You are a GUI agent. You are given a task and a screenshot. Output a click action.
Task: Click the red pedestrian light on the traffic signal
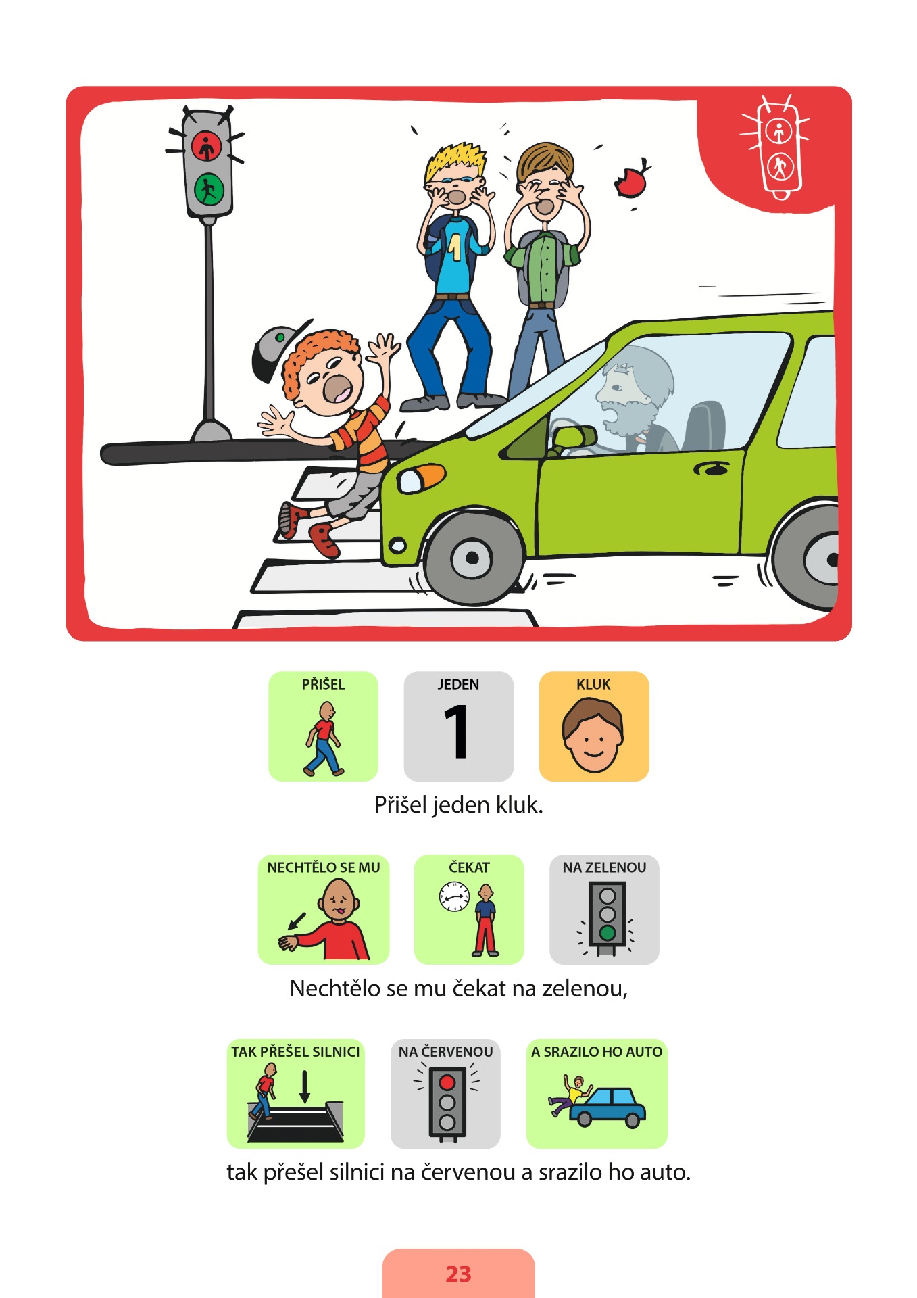pyautogui.click(x=206, y=146)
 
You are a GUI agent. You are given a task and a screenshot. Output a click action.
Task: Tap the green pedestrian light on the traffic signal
pyautogui.click(x=209, y=189)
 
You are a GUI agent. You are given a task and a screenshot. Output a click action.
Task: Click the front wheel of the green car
pyautogui.click(x=472, y=558)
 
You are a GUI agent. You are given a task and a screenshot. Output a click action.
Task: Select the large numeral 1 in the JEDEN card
pyautogui.click(x=457, y=731)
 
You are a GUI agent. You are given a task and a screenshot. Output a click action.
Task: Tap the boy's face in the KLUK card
pyautogui.click(x=593, y=736)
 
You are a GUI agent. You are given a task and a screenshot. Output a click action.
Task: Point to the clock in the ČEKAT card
pyautogui.click(x=454, y=896)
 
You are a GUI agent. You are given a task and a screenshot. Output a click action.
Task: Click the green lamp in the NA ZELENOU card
pyautogui.click(x=608, y=933)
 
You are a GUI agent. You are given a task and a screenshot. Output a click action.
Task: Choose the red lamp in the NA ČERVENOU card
pyautogui.click(x=447, y=1082)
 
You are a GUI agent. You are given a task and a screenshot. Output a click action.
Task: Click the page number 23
pyautogui.click(x=458, y=1274)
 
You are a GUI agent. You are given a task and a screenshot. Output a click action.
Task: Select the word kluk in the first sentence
pyautogui.click(x=519, y=804)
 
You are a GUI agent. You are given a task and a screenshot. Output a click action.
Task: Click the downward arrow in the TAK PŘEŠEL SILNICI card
pyautogui.click(x=305, y=1086)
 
